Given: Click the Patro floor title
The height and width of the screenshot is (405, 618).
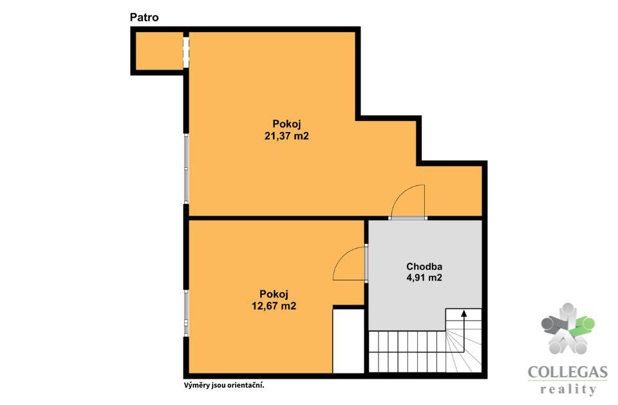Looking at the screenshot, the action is (144, 17).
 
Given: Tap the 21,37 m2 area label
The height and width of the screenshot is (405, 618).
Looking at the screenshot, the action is (286, 136).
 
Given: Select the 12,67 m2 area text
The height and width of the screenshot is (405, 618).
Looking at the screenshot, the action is (274, 306).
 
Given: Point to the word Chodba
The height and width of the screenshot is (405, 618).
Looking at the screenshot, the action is (424, 266).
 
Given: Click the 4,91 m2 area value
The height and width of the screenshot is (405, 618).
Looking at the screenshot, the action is (424, 278).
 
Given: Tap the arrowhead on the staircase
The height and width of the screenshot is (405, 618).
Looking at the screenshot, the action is (464, 314).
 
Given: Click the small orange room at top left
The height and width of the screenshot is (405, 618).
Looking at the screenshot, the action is (159, 51).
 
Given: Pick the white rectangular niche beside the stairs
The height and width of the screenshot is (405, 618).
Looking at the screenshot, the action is (348, 341).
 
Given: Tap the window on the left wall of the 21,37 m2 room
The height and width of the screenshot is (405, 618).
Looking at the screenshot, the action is (187, 169).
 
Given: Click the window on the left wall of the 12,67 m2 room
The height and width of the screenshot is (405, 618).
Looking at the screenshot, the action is (187, 313).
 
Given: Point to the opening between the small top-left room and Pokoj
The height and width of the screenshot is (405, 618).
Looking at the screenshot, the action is (186, 52).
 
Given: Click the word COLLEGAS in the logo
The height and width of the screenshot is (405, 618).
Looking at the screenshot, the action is (568, 372).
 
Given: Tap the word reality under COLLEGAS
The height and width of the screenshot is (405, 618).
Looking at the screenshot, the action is (568, 390).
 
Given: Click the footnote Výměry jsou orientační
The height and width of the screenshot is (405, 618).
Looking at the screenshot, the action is (224, 385).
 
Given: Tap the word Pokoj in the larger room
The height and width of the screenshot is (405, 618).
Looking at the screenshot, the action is (286, 124).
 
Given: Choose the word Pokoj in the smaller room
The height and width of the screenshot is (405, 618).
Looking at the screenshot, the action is (274, 294).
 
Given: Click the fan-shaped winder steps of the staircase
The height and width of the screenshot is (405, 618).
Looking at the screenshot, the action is (464, 352).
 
